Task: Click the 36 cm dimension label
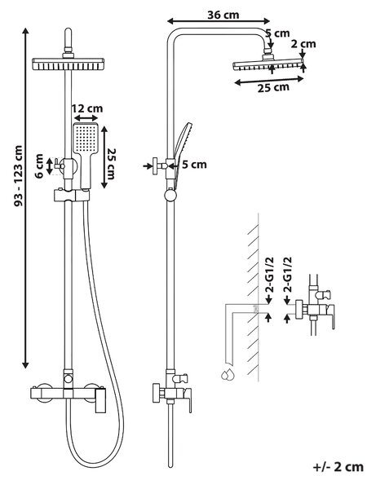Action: point(223,15)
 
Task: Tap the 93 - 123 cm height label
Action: point(19,175)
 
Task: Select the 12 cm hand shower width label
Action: point(87,108)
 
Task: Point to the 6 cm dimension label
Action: point(39,166)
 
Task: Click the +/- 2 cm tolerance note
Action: point(338,467)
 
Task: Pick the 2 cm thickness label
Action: point(303,44)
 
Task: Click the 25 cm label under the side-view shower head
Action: point(273,88)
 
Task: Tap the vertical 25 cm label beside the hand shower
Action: point(112,163)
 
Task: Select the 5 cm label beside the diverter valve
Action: point(194,165)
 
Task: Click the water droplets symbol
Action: point(228,374)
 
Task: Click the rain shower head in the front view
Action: point(68,64)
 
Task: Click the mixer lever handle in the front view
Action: point(100,400)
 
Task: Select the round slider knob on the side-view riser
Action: point(170,196)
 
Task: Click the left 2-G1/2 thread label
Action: point(269,275)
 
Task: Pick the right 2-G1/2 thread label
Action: point(287,275)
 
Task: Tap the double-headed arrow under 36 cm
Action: point(219,21)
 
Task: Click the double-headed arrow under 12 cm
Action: point(86,118)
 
